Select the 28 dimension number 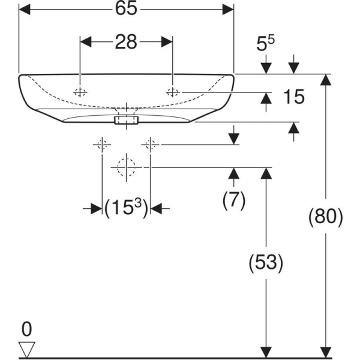click(x=126, y=41)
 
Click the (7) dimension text click(x=234, y=200)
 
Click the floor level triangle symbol click(x=28, y=349)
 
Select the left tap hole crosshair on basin click(x=80, y=92)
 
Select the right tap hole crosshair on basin click(x=173, y=92)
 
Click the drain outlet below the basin click(x=126, y=120)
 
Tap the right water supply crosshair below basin click(x=150, y=144)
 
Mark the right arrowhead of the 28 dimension click(x=167, y=41)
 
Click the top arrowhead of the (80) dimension click(x=326, y=80)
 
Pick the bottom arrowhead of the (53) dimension click(x=265, y=353)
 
